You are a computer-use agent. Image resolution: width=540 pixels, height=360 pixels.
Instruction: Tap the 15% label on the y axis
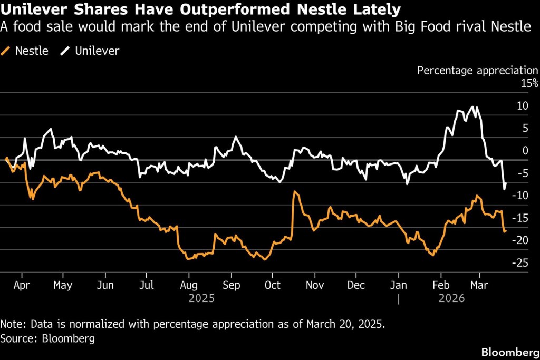530,83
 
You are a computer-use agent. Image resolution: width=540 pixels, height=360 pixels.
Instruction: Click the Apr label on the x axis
22,286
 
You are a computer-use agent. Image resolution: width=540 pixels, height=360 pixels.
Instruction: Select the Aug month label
189,286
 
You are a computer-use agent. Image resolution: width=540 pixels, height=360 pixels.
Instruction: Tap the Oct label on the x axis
272,286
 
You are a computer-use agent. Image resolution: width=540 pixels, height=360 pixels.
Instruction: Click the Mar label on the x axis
479,286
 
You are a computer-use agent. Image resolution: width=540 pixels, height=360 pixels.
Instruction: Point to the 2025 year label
202,298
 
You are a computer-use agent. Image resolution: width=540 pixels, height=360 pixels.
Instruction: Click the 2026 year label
451,298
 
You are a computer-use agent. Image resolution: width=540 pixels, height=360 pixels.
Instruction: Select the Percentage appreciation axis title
477,70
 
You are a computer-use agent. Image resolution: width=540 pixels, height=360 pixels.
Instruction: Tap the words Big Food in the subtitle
418,26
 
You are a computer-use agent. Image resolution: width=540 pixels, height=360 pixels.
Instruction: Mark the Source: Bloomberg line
48,338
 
